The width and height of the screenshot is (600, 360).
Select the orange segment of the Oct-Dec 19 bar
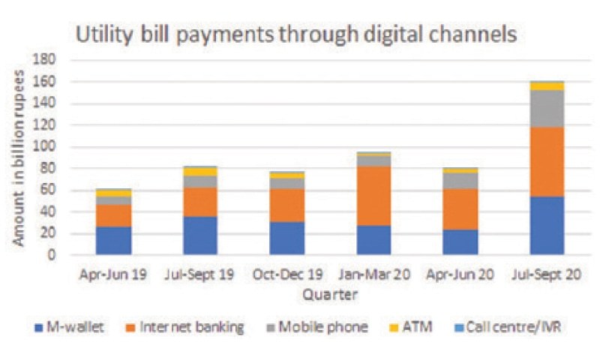tap(287, 205)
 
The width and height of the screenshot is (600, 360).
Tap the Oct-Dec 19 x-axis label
tap(287, 274)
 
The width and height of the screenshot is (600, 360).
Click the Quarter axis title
tap(329, 294)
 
